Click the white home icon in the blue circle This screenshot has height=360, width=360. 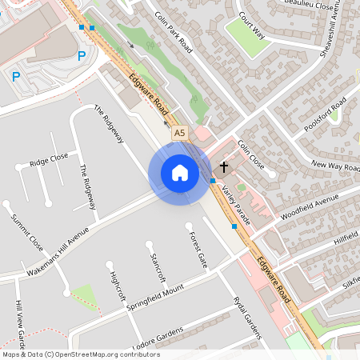[179, 174]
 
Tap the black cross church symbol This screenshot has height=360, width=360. [224, 168]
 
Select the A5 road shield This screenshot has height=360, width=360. [179, 132]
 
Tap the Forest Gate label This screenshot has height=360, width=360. [198, 249]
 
